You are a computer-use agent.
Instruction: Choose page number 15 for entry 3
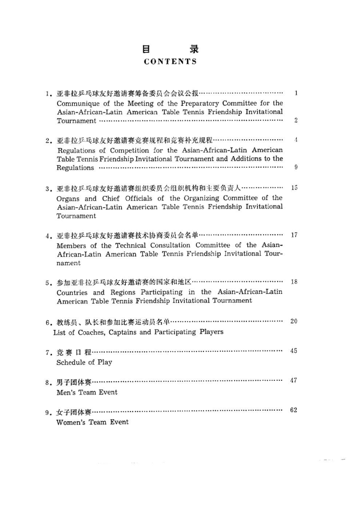[294, 188]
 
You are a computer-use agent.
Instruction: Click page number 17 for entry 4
[294, 235]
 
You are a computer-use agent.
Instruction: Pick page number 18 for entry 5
[294, 282]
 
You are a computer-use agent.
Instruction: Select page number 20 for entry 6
[294, 322]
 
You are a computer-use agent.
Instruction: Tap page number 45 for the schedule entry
[294, 351]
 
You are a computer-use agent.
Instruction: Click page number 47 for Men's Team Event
[294, 381]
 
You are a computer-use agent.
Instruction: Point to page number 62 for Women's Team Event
[294, 411]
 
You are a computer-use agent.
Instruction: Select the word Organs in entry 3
[68, 198]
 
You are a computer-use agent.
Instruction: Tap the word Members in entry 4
[72, 245]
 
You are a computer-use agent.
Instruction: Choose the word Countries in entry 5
[74, 292]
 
